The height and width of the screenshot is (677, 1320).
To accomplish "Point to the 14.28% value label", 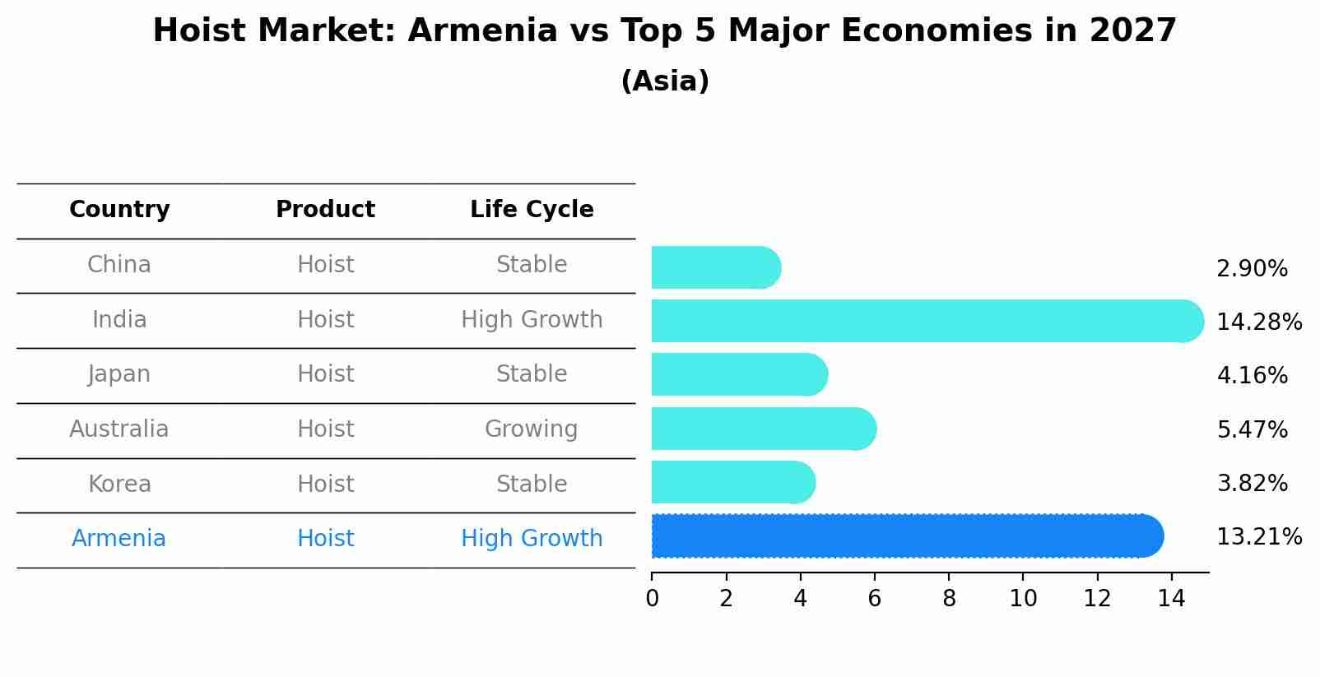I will pos(1258,322).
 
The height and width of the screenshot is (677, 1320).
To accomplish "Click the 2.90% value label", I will pos(1252,268).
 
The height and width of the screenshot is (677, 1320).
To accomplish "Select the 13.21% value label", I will pos(1258,537).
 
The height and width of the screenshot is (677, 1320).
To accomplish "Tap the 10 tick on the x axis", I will pos(1023,599).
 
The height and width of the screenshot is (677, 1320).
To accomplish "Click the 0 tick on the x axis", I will pos(652,599).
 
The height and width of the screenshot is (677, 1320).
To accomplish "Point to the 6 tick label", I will pos(874,599).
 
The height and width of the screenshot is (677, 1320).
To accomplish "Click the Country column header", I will pos(119,210).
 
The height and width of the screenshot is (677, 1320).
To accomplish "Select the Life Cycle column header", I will pos(532,210).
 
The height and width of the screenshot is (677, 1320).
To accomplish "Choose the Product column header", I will pos(325,210).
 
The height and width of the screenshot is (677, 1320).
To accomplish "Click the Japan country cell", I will pos(119,374).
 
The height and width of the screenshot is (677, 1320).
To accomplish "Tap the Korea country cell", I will pos(119,484).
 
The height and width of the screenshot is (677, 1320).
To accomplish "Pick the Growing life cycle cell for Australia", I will pos(531,429).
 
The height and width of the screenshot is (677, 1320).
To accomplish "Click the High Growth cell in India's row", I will pos(532,319).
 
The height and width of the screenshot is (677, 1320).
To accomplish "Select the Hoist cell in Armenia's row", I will pos(325,538).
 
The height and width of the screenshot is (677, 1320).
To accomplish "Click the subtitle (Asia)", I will pos(665,81).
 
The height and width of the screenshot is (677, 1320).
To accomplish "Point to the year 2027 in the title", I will pos(1133,31).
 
